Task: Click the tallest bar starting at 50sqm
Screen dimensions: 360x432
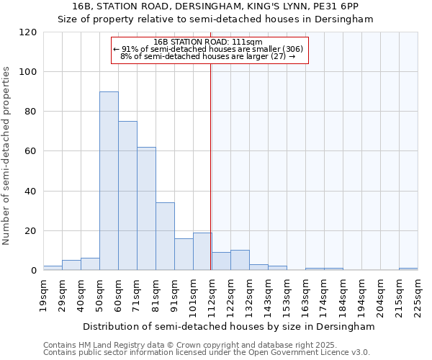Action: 109,181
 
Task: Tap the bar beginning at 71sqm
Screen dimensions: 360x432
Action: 146,209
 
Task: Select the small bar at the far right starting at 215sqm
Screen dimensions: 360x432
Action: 408,269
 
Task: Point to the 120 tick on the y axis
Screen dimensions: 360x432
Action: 28,32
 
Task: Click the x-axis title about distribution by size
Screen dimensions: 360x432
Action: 229,326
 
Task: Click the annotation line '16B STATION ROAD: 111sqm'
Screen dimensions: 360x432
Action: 209,42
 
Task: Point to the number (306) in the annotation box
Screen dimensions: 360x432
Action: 292,49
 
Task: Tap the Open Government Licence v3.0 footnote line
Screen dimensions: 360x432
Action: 207,352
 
